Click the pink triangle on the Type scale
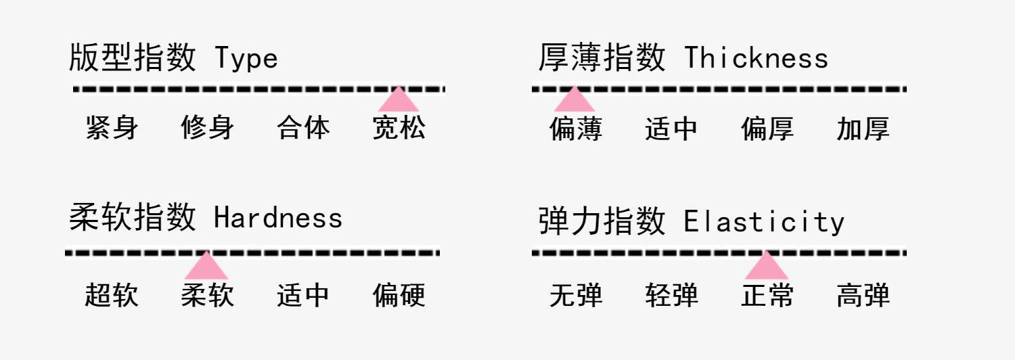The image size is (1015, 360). (399, 100)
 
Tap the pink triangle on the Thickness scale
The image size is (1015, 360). (574, 100)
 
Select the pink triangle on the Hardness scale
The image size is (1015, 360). (206, 267)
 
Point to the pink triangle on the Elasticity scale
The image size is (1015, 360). (766, 267)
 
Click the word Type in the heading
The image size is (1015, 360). (246, 60)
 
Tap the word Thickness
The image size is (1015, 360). (756, 58)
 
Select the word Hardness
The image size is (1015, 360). (278, 218)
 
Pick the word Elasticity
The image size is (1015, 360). (764, 223)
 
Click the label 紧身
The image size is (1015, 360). (112, 128)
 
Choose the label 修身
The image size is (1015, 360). (208, 128)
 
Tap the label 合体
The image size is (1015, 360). (304, 128)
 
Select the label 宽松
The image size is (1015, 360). (399, 128)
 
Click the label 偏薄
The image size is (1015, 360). (576, 129)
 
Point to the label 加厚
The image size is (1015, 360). (863, 129)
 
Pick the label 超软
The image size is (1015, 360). (112, 295)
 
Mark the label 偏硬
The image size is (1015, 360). (399, 295)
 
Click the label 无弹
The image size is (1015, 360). (576, 296)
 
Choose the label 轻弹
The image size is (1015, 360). (671, 296)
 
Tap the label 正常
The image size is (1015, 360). (767, 296)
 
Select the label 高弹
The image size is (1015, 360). (863, 296)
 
